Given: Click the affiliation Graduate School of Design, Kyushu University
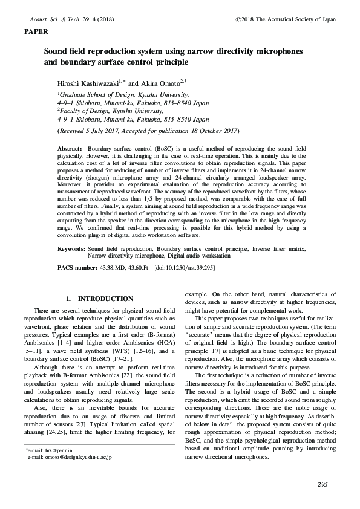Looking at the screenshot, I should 124,95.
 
